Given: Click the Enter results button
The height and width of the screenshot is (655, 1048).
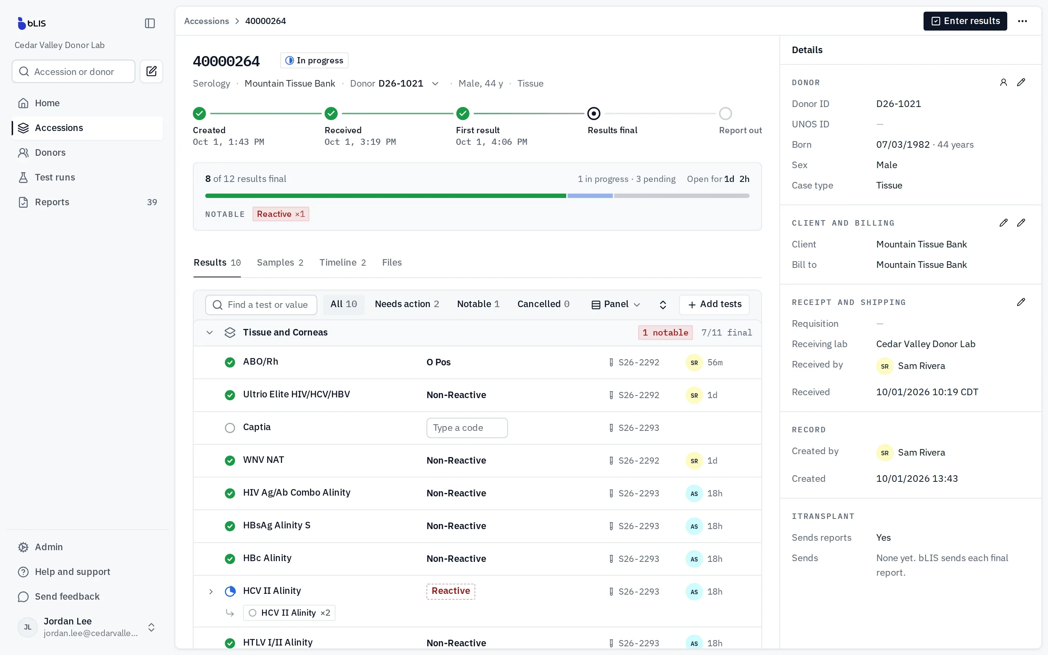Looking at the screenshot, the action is (965, 21).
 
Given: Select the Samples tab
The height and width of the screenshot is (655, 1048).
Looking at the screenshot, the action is (280, 262).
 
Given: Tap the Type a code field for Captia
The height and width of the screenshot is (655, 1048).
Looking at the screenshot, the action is (467, 428).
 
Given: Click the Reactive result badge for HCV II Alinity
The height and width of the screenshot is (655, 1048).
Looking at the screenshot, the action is (450, 591).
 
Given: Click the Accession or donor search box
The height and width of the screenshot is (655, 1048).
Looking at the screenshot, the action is (74, 71).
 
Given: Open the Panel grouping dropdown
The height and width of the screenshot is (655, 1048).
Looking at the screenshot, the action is (616, 304).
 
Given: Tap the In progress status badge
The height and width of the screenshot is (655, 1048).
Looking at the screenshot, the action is (314, 60).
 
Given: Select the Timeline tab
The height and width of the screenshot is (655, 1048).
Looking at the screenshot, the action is (342, 262).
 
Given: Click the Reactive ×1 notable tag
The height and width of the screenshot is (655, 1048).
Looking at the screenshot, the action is (281, 214).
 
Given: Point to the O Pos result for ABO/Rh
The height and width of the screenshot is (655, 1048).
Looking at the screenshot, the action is (438, 362).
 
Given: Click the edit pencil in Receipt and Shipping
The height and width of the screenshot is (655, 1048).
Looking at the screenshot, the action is (1021, 302).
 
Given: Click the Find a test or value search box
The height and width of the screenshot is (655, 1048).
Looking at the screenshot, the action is (261, 305).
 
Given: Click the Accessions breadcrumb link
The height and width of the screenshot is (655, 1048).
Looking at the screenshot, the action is (207, 21).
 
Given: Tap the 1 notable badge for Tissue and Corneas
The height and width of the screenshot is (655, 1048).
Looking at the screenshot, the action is (665, 332).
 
